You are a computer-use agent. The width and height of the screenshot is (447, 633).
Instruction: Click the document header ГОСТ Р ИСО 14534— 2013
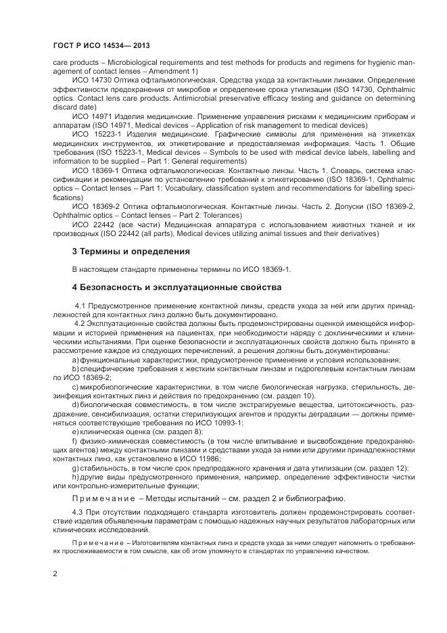click(x=101, y=45)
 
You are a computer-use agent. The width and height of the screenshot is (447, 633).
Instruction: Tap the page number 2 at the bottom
click(x=55, y=573)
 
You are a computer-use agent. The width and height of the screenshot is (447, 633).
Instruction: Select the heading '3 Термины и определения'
click(x=131, y=251)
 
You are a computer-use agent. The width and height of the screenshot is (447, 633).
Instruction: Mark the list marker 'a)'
click(x=76, y=360)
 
